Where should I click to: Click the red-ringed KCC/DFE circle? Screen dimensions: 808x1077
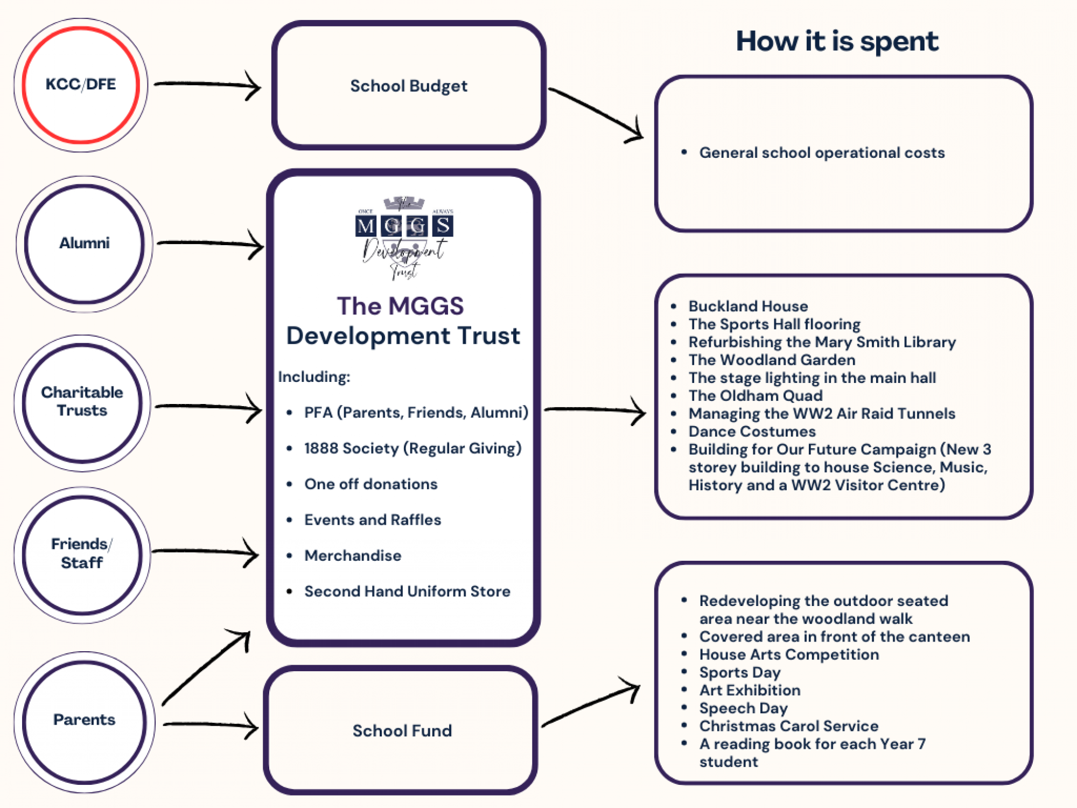coord(81,85)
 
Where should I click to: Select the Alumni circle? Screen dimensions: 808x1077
coord(84,243)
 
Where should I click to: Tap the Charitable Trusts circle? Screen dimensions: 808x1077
coord(82,402)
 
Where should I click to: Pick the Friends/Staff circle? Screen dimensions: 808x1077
coord(82,554)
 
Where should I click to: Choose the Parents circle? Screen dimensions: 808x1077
coord(84,720)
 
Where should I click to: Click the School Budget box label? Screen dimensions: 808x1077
coord(409,86)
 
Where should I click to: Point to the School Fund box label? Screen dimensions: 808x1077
coord(402,731)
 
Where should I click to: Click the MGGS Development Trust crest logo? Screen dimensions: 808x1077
coord(404,237)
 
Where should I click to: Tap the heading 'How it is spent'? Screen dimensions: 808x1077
coord(837,41)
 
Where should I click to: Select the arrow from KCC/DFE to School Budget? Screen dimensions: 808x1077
coord(207,85)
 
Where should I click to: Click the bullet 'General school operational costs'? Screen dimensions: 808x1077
coord(822,153)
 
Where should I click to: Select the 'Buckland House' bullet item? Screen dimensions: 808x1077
coord(748,307)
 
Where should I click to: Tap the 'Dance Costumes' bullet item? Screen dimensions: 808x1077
coord(752,431)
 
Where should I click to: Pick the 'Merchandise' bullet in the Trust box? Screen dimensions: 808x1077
coord(353,556)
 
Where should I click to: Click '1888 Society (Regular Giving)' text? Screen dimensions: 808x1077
coord(412,448)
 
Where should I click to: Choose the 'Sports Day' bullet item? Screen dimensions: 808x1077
coord(740,672)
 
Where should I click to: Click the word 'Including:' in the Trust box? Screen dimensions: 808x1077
coord(314,377)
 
